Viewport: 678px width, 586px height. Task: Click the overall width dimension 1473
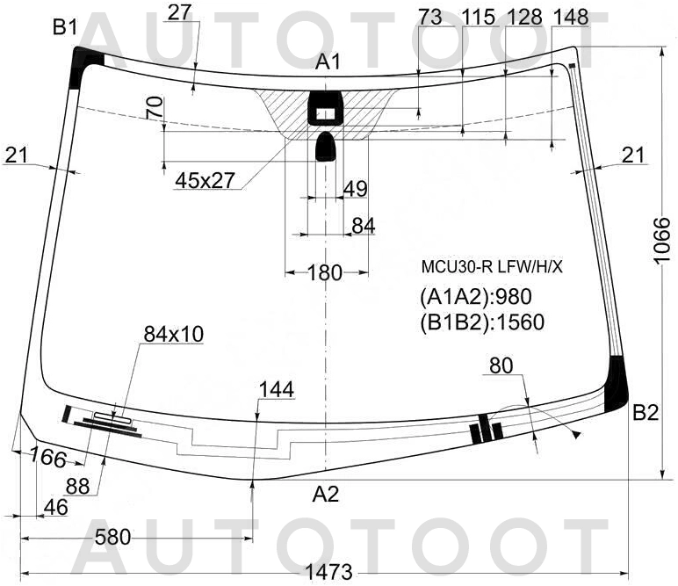(328, 572)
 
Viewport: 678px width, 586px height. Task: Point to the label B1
(65, 28)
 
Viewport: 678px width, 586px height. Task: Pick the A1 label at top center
(328, 62)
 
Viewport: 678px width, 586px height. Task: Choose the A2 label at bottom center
(325, 495)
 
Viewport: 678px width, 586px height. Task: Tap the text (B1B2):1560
(482, 322)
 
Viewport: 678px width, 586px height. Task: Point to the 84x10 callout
(173, 334)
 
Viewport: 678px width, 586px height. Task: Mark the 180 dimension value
(325, 273)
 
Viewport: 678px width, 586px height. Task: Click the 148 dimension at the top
(571, 17)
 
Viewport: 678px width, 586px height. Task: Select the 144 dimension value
(276, 390)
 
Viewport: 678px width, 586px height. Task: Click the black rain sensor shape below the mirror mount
(326, 147)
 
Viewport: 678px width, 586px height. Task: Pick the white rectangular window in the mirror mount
(325, 113)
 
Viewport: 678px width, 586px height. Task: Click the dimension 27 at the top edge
(179, 12)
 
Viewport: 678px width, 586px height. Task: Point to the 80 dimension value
(501, 365)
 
